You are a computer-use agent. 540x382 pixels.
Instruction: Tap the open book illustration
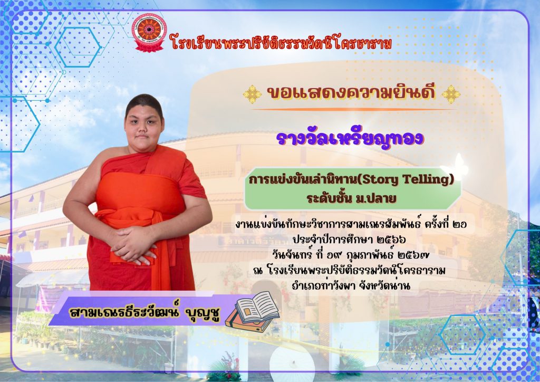tap(257, 306)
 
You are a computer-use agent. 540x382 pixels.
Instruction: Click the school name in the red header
tap(281, 44)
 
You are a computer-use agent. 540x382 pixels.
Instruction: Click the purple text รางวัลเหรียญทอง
tap(350, 138)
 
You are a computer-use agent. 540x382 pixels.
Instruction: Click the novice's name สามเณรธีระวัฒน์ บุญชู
tap(144, 311)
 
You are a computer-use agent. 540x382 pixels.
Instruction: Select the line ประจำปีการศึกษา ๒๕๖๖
tap(349, 239)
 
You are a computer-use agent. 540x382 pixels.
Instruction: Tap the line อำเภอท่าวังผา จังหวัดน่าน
tap(351, 285)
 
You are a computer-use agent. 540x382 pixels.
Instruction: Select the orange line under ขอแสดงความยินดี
tap(352, 110)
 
